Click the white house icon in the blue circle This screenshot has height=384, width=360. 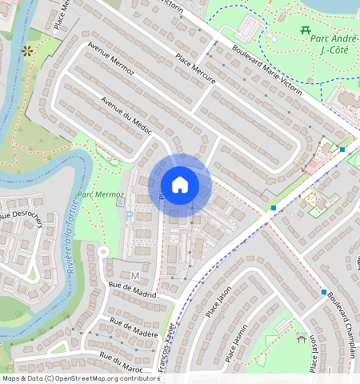(x=180, y=185)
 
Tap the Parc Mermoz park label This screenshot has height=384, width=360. (x=102, y=194)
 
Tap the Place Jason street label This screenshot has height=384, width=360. (x=214, y=302)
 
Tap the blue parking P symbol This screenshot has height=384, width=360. (x=130, y=216)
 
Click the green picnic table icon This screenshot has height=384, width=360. (x=305, y=30)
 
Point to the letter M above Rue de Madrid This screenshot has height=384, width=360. (x=135, y=276)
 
